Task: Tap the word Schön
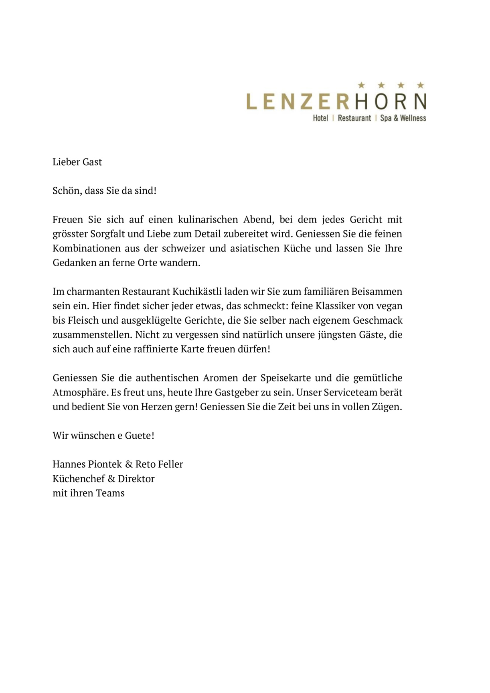(63, 191)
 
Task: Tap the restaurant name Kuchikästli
(197, 292)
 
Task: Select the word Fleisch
(80, 321)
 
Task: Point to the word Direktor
(136, 479)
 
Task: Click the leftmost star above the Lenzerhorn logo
(361, 85)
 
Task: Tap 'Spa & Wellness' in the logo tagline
(403, 118)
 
